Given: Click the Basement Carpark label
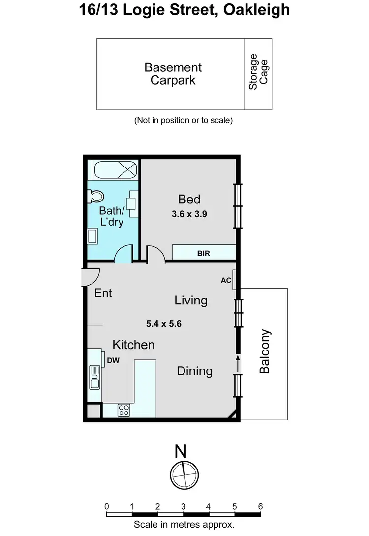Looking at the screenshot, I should coord(173,74).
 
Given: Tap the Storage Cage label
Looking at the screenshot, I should coord(259,72).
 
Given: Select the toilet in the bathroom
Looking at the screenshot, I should coord(94,197).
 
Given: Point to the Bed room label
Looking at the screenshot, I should coord(189,199).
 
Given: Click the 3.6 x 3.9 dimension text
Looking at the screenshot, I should coord(189,214).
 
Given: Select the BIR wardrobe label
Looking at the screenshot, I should coord(203,253).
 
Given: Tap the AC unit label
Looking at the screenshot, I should coord(226,280).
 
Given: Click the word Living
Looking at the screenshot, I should coord(191,300).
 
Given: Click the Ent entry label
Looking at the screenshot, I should coord(103,293).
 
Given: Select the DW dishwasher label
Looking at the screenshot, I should coord(113,360).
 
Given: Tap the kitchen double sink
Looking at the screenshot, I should coord(94,377).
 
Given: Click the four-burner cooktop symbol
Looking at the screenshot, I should coord(123,409).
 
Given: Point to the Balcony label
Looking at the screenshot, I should coord(265,351).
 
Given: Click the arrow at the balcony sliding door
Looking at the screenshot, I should coord(238,364).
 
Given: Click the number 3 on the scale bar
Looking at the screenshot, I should coord(183,506).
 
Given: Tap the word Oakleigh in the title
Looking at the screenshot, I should coord(256,10).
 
